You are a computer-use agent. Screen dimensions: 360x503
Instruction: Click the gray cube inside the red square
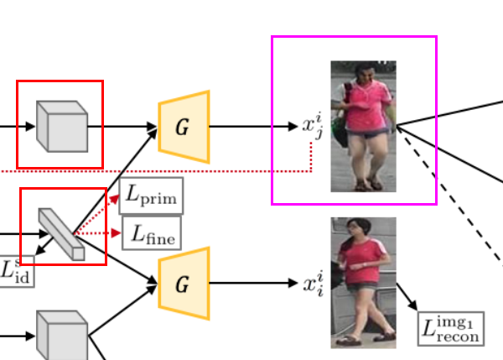pos(61,126)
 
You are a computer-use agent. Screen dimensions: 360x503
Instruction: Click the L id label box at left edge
pos(14,271)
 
